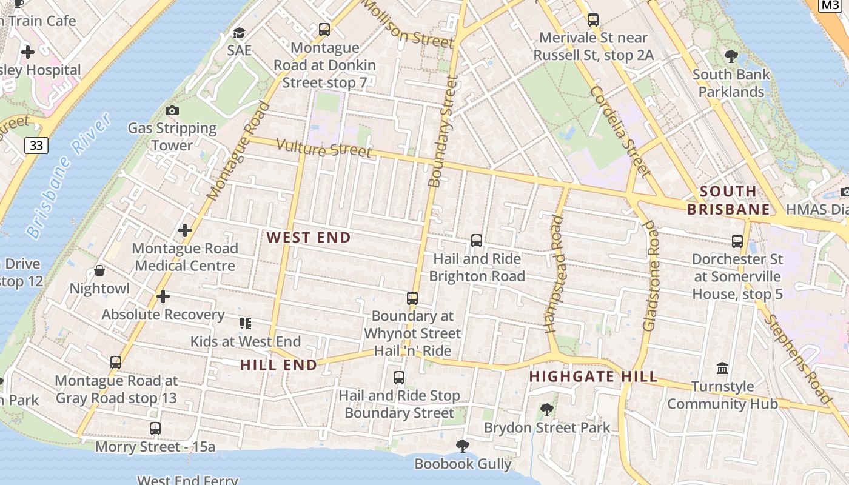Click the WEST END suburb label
coord(309,238)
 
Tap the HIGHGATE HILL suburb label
coord(593,376)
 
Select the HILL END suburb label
coord(279,365)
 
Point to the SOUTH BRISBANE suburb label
coord(728,201)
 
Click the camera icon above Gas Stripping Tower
coord(172,110)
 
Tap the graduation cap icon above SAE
coord(239,33)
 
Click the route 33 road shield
coord(36,145)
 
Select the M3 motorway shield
coord(829,5)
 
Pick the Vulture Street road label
coord(324,147)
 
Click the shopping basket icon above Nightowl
coord(99,270)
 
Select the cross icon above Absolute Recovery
coord(163,296)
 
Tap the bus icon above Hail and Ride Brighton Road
coord(477,241)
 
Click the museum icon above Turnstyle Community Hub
coord(722,368)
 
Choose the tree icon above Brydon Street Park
coord(547,410)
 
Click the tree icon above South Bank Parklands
coord(731,56)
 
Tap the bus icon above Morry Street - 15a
coord(155,429)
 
